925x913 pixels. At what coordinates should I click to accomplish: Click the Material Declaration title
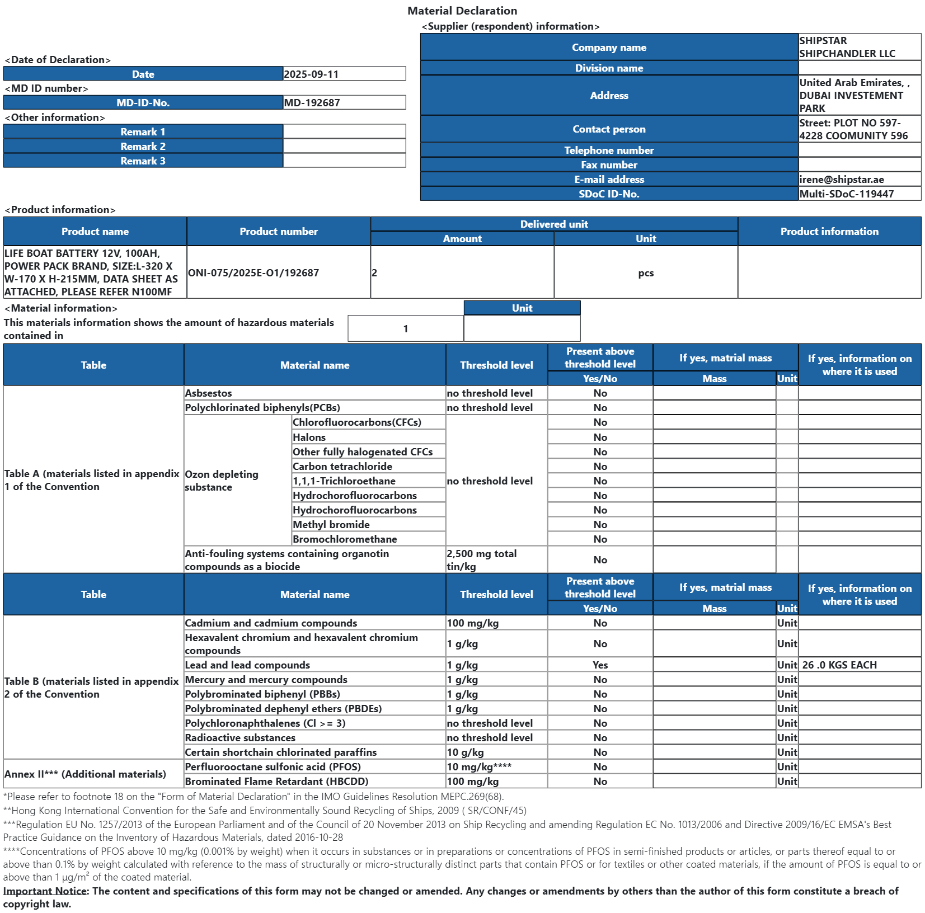[x=462, y=11]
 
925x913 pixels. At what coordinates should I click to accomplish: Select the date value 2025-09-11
[x=311, y=74]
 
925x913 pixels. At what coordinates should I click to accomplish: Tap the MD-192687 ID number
[x=312, y=102]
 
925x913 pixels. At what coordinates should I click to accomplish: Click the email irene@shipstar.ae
[x=842, y=180]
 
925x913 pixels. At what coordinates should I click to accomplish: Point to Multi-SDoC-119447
[x=846, y=194]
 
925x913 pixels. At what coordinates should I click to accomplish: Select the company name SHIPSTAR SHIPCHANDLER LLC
[x=847, y=47]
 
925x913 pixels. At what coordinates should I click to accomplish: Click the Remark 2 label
[x=143, y=146]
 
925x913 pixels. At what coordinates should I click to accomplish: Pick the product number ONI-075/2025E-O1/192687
[x=253, y=273]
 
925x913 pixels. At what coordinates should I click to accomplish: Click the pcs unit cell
[x=646, y=273]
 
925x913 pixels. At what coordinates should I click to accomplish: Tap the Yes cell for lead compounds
[x=600, y=665]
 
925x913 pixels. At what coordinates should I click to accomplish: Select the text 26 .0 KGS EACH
[x=839, y=665]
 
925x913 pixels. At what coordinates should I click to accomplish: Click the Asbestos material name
[x=209, y=393]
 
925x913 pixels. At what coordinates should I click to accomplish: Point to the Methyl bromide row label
[x=331, y=525]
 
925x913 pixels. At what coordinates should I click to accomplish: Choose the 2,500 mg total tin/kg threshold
[x=481, y=560]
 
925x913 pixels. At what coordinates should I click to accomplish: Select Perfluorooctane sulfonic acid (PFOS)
[x=273, y=767]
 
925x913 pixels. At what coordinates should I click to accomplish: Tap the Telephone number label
[x=609, y=150]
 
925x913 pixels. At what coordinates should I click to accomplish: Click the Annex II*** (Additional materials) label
[x=85, y=774]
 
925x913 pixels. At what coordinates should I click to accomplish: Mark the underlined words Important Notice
[x=45, y=891]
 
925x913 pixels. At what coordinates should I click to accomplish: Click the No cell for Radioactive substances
[x=600, y=738]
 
